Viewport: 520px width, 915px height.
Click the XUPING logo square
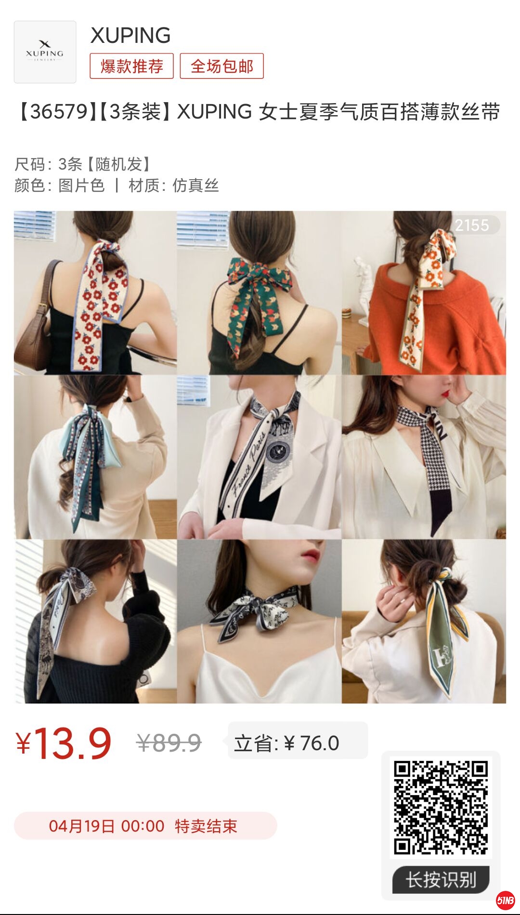click(x=45, y=52)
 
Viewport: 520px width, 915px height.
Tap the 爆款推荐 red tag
click(x=131, y=66)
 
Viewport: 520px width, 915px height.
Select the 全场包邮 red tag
click(x=221, y=66)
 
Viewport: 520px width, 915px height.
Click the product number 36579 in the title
click(x=59, y=112)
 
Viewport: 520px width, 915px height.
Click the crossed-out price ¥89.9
click(x=169, y=743)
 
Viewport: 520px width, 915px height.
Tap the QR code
click(x=441, y=808)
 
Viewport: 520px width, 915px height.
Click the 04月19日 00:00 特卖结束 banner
click(x=145, y=826)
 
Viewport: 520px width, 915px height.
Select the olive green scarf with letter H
click(x=445, y=636)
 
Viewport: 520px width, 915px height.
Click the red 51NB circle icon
click(x=505, y=900)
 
